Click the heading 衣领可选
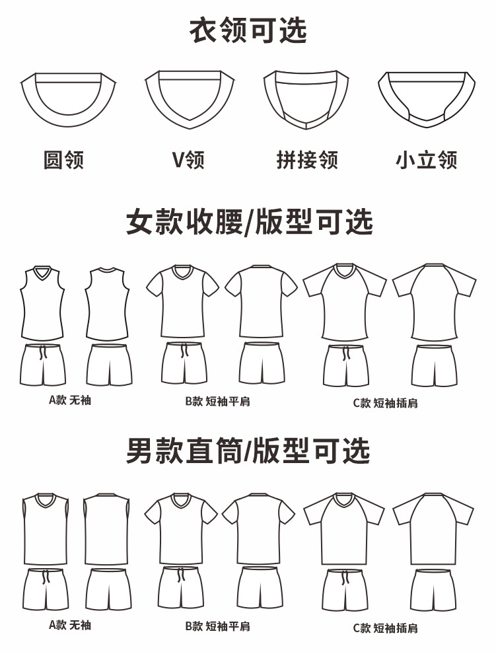click(x=248, y=30)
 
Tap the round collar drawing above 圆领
click(x=69, y=99)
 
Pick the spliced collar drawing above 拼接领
click(x=306, y=99)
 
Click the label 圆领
click(x=64, y=160)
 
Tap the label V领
click(x=188, y=160)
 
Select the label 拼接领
click(x=307, y=160)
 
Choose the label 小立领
click(x=427, y=160)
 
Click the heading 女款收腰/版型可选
click(x=249, y=222)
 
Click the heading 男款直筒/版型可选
click(x=248, y=451)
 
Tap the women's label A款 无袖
click(x=70, y=400)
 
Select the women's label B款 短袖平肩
click(x=218, y=401)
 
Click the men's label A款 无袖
click(x=70, y=625)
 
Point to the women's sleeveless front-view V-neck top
click(x=42, y=304)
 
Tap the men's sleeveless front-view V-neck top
click(x=44, y=528)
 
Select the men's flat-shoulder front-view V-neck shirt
click(x=181, y=528)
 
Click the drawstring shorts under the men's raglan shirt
click(x=345, y=589)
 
